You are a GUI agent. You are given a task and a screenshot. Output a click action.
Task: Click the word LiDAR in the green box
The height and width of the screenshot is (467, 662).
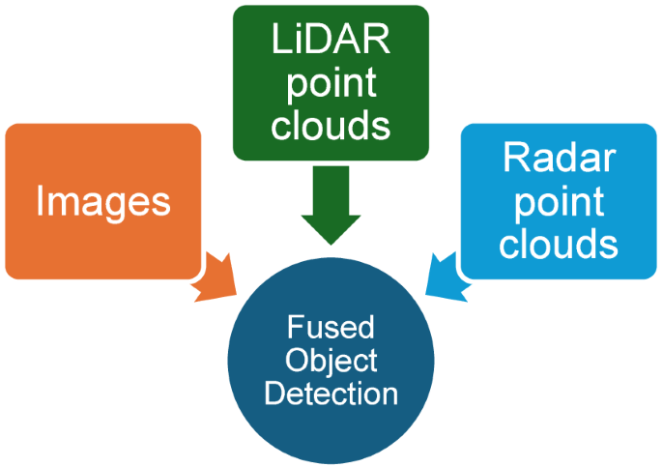pos(331,42)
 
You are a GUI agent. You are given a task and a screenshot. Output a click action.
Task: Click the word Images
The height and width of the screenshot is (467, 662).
pos(103,201)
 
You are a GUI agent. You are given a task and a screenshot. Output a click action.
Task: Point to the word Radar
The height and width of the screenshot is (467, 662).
pos(559,160)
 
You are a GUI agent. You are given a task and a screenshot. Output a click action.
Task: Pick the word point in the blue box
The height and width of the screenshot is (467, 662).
pos(559,201)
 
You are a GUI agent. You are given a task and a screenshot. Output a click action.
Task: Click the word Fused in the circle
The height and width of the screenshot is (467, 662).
pos(331,327)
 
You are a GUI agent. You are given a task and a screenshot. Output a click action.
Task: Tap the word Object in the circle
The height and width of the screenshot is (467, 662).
pos(331,361)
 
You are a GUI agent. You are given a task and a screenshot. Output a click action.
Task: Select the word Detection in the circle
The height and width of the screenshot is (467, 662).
pos(331,394)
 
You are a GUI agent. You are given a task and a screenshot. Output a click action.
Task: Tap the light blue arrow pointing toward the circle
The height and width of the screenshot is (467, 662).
pos(444,274)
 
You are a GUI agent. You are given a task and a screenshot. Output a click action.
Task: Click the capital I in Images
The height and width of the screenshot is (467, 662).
pos(41,200)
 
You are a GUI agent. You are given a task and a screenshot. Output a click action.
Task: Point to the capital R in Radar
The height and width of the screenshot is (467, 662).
pos(512,160)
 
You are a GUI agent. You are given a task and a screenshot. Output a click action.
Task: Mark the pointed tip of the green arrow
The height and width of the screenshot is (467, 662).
pos(331,243)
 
